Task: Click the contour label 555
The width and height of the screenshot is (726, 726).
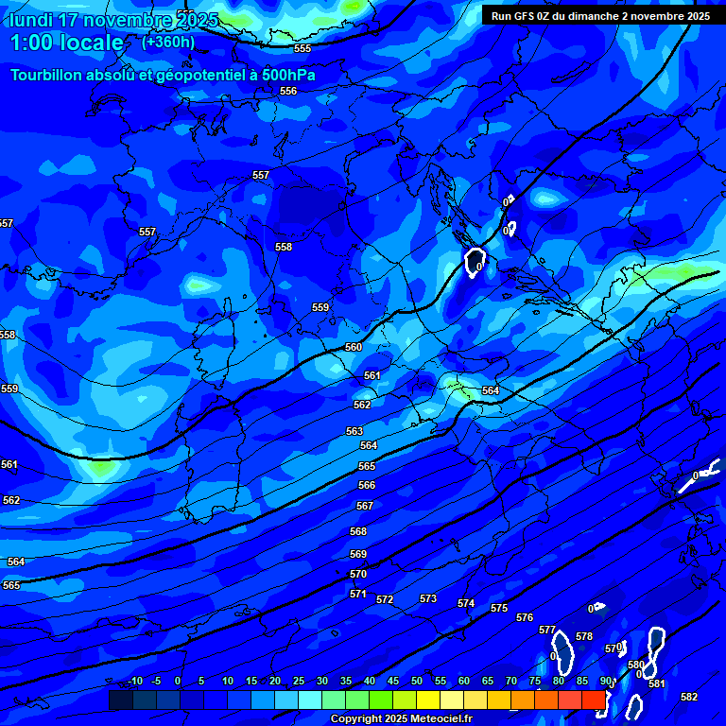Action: click(x=302, y=48)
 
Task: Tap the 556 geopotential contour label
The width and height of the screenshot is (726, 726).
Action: click(x=288, y=91)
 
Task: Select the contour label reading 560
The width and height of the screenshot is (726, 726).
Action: click(x=354, y=347)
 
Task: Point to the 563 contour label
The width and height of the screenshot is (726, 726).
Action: click(x=354, y=431)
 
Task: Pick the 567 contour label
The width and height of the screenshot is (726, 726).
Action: click(x=365, y=506)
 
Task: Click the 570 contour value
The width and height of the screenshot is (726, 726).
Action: click(x=358, y=574)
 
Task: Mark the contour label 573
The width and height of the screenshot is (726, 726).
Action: click(x=428, y=598)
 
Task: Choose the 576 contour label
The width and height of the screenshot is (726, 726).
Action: click(x=525, y=617)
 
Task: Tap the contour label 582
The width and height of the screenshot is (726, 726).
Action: click(x=689, y=697)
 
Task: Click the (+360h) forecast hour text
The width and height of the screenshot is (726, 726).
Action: click(x=168, y=42)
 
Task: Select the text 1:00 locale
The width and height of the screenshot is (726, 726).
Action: click(x=66, y=43)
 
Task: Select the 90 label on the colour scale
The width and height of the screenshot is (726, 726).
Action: click(x=606, y=681)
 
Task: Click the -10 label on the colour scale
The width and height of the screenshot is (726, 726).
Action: click(x=134, y=681)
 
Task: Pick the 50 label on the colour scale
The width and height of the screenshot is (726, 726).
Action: click(x=416, y=681)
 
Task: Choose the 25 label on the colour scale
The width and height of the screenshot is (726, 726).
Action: click(x=298, y=681)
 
